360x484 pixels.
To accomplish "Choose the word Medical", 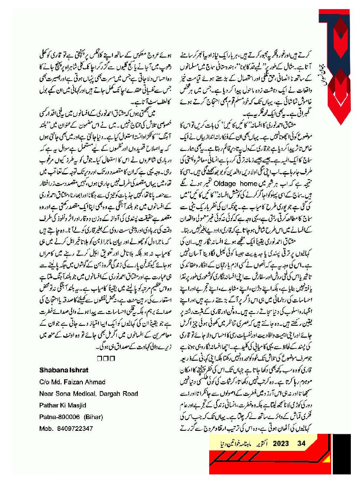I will click(x=82, y=394).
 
